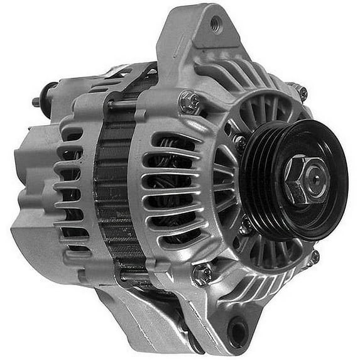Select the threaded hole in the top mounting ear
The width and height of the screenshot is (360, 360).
pos(215,25)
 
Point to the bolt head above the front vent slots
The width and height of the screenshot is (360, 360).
pos(190,101)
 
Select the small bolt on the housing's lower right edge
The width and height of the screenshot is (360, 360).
pos(312,256)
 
